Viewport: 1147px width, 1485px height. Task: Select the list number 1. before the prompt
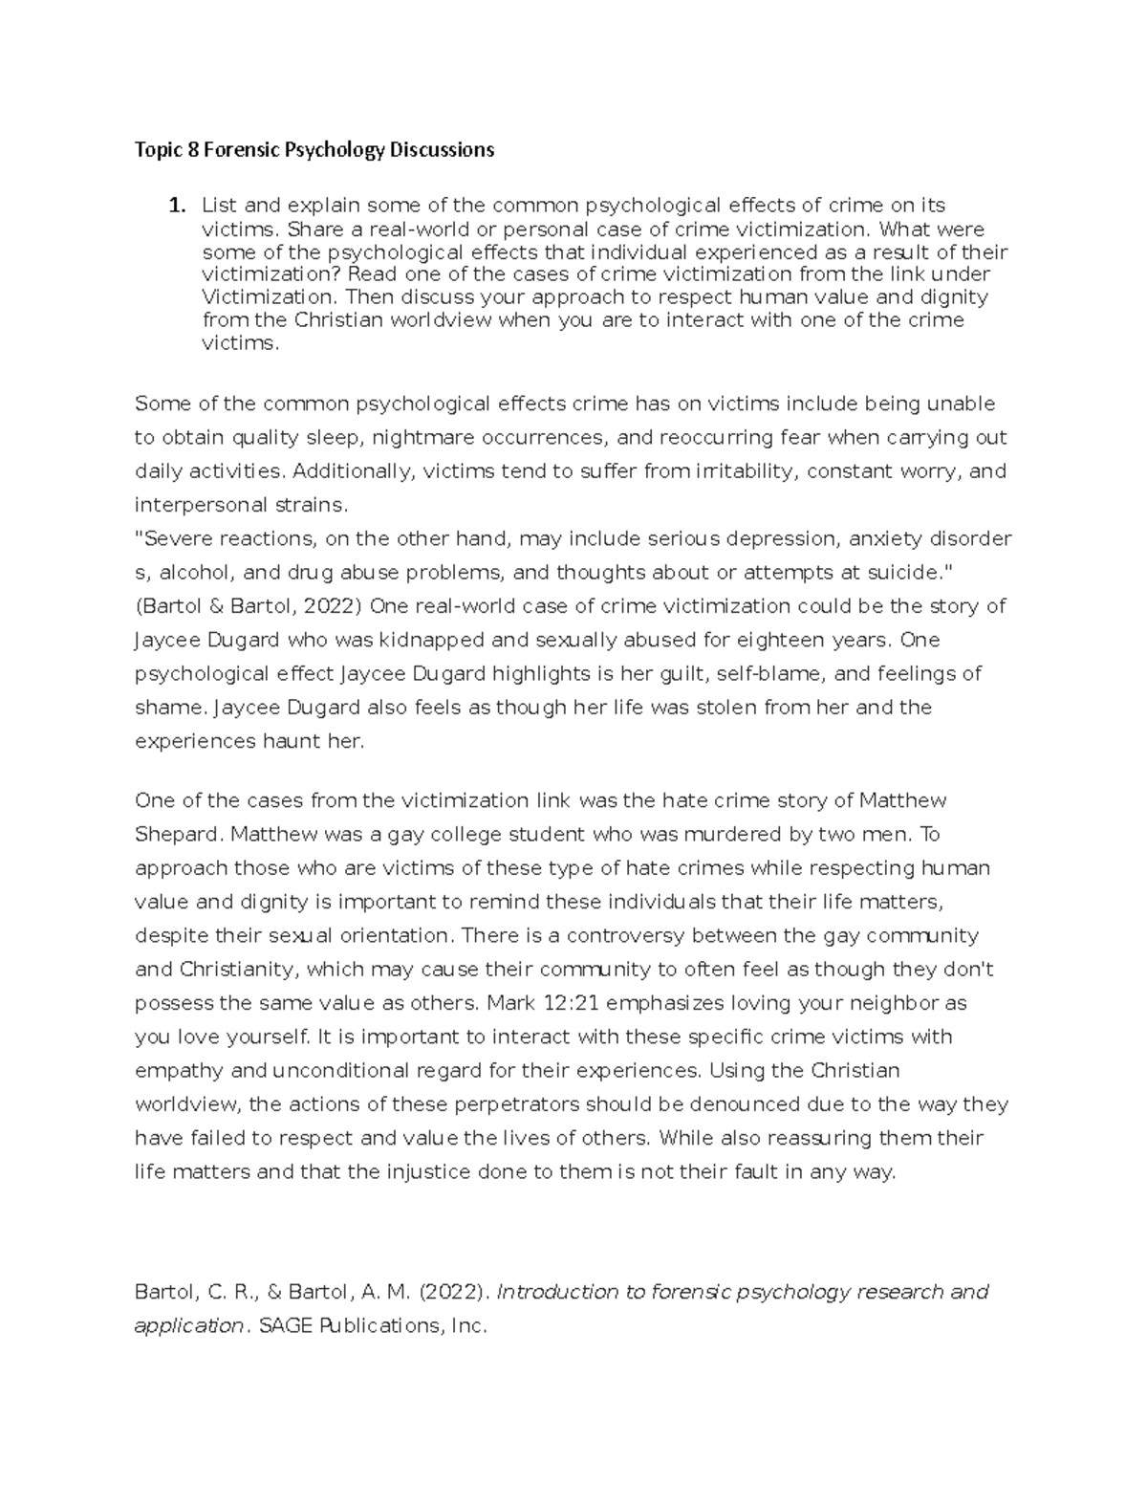[x=175, y=205]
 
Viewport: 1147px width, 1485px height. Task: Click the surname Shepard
[x=178, y=835]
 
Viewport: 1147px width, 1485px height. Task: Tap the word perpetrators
[x=518, y=1104]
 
